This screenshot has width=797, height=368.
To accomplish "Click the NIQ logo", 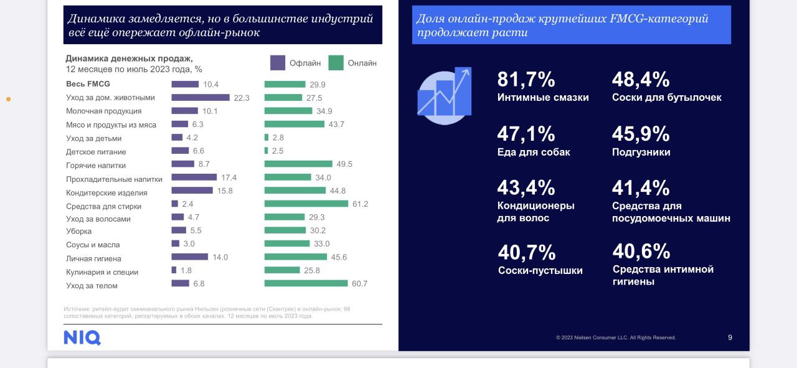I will tap(82, 337).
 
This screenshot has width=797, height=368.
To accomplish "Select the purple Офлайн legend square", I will tap(278, 63).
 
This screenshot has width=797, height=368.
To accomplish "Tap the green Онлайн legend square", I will tap(336, 63).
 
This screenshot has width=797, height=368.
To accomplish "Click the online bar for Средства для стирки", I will tap(306, 204).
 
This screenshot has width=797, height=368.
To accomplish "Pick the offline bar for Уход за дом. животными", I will tap(200, 97).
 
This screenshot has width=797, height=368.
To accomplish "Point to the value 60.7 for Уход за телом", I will tap(359, 284).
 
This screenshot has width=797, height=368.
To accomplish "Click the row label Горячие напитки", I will tap(96, 166).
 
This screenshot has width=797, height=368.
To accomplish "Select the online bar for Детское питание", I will tap(266, 151).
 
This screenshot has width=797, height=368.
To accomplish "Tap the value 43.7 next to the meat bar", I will tap(336, 125).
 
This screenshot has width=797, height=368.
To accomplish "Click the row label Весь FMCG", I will tap(88, 84).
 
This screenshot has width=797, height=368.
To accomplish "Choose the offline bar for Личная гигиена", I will tap(190, 257).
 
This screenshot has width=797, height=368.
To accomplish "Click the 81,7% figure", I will tap(526, 80).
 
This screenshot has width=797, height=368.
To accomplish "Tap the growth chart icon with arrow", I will tap(445, 95).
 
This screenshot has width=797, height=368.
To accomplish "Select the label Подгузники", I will tap(641, 152).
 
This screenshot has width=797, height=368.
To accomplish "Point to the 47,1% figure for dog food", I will tap(526, 134).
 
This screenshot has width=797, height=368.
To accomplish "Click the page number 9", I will tap(730, 337).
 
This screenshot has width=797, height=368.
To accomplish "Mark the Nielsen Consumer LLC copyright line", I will tap(616, 337).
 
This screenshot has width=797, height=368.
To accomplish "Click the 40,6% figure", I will tap(641, 252).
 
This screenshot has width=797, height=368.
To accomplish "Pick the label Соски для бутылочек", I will tap(667, 98).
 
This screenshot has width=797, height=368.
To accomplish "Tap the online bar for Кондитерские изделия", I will tap(295, 191).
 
